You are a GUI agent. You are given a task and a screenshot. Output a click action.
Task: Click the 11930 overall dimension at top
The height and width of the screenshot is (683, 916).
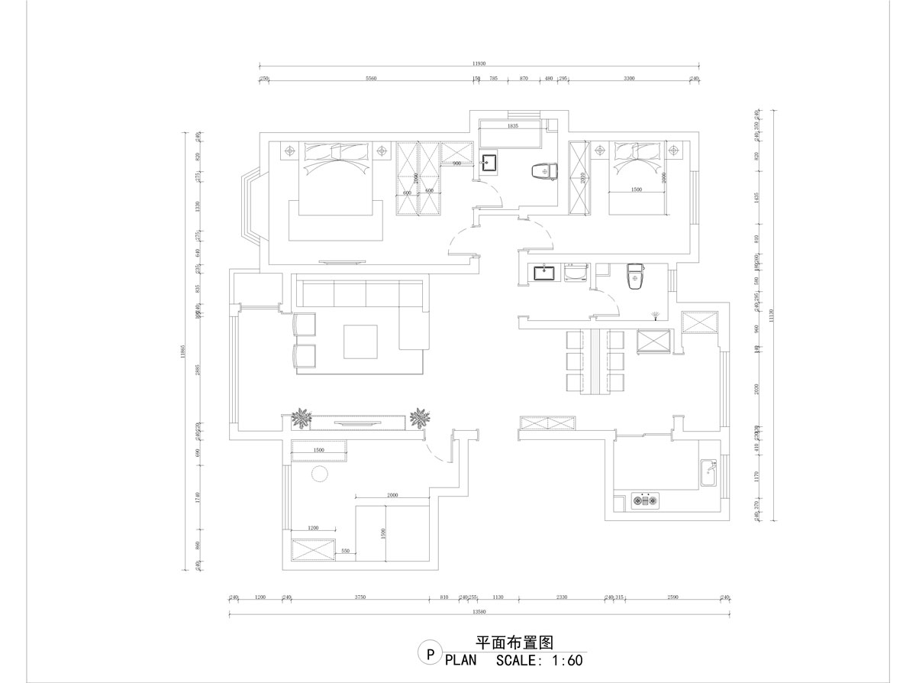[x=479, y=63]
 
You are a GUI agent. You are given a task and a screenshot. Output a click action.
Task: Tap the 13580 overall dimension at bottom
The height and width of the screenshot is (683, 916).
[x=479, y=611]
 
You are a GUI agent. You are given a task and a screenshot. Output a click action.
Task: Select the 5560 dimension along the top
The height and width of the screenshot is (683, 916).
[x=371, y=79]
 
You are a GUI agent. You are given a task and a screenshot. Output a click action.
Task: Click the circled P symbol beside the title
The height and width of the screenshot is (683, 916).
[x=430, y=654]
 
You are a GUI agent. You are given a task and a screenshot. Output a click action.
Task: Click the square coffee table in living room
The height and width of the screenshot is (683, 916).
[x=362, y=341]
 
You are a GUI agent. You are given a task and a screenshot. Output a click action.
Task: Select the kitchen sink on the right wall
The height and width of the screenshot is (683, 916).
[x=709, y=474]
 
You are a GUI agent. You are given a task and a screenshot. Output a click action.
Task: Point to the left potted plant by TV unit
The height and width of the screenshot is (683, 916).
[x=303, y=418]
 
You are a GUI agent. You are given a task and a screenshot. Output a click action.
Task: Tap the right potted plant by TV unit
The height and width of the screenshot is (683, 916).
[x=419, y=418]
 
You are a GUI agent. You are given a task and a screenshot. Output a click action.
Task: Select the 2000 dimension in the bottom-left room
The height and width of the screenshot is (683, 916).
[x=393, y=495]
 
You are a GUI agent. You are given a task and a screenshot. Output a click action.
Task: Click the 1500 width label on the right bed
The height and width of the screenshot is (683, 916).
[x=636, y=189]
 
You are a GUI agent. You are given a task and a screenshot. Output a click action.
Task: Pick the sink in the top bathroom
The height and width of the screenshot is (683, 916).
[x=490, y=162]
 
